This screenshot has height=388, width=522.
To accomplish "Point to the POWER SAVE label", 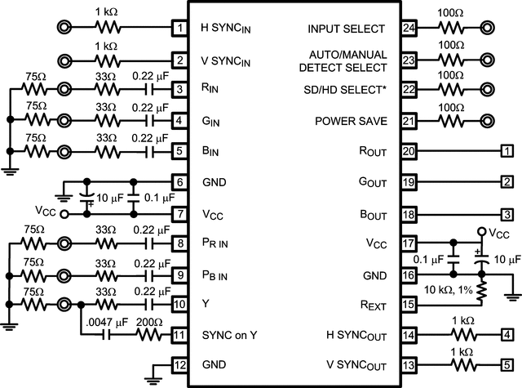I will pyautogui.click(x=350, y=121).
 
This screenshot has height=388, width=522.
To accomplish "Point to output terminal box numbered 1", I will pyautogui.click(x=507, y=152).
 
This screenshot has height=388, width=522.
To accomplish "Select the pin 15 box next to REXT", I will pyautogui.click(x=409, y=305).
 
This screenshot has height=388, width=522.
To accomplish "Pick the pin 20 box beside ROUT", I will pyautogui.click(x=409, y=152).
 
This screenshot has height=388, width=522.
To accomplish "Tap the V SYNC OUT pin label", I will pyautogui.click(x=353, y=364).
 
